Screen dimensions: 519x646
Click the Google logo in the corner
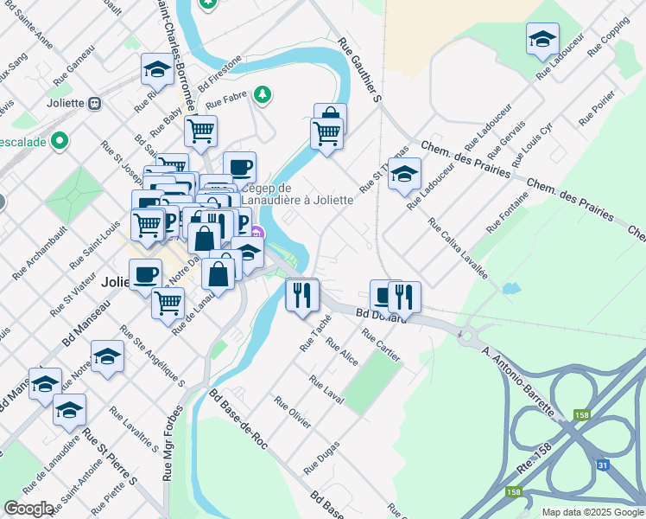[x=28, y=509]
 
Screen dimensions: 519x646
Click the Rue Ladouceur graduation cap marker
[x=542, y=40]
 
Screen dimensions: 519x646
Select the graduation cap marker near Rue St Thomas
[x=404, y=176]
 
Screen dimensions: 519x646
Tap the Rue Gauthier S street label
[x=359, y=70]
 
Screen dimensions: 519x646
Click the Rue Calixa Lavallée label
[x=459, y=251]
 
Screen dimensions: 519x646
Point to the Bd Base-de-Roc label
[x=238, y=420]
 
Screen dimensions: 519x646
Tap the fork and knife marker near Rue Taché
[x=302, y=296]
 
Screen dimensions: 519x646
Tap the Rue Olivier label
[x=293, y=412]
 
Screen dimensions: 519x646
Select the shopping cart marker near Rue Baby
[x=200, y=132]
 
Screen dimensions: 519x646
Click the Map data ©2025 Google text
[x=592, y=512]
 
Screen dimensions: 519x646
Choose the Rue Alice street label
[x=341, y=350]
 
